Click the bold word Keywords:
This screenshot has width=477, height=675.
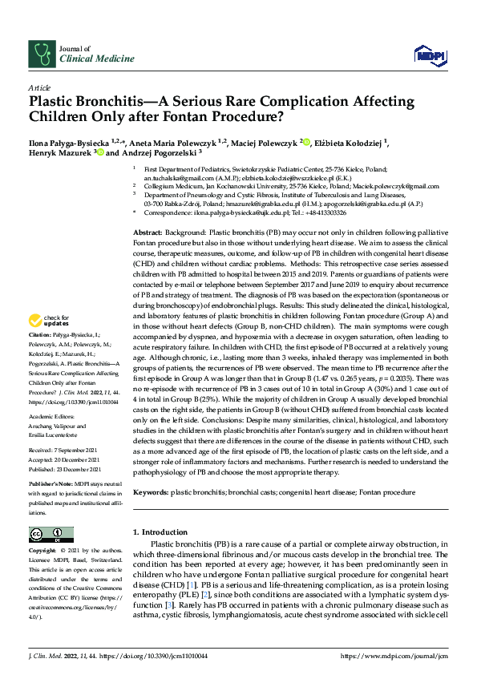pyautogui.click(x=151, y=491)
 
